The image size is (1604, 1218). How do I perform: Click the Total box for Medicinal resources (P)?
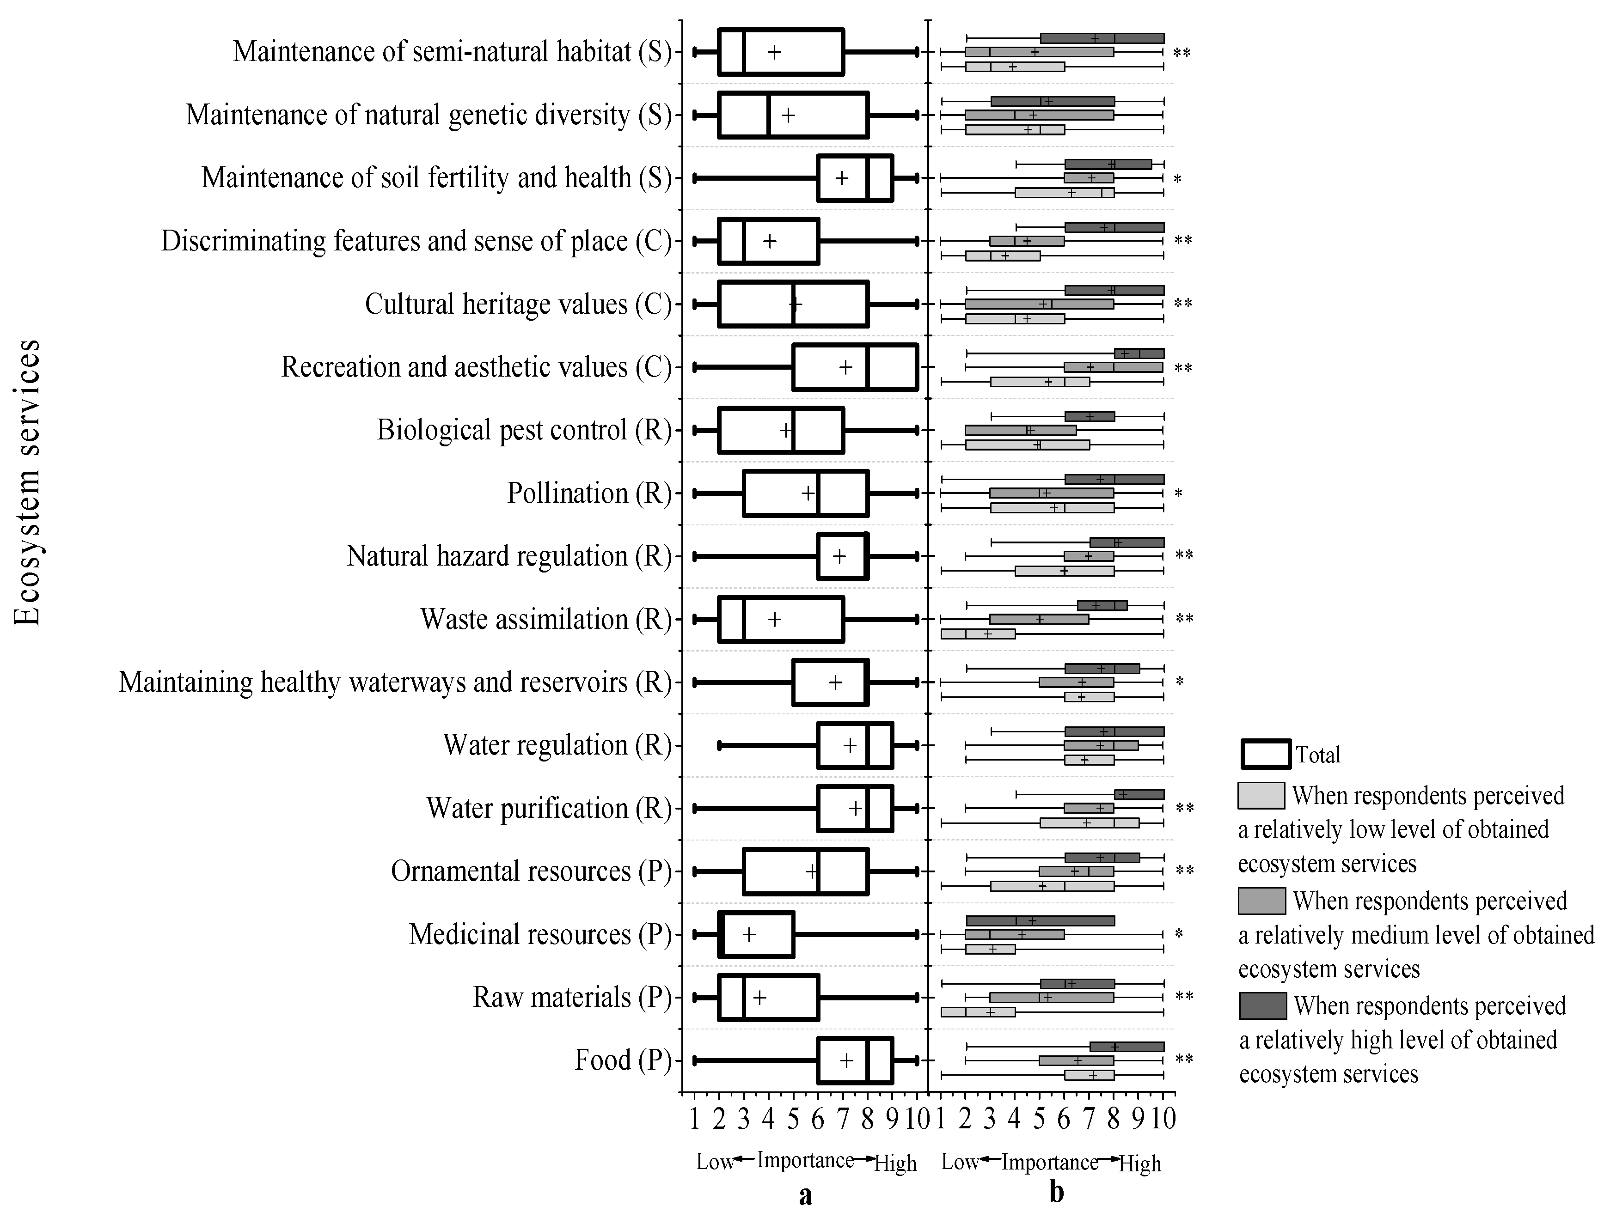click(756, 935)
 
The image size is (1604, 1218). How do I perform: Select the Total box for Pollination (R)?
click(806, 493)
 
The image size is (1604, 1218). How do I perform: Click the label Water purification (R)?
click(549, 808)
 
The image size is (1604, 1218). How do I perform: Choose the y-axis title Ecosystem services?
click(28, 482)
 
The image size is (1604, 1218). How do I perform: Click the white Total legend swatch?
click(1265, 754)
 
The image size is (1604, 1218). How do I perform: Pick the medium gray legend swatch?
click(1262, 901)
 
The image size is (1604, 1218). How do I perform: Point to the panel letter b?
click(1057, 1193)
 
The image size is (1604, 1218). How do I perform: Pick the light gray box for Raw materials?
click(978, 1012)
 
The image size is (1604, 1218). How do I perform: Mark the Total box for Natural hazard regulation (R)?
click(842, 556)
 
